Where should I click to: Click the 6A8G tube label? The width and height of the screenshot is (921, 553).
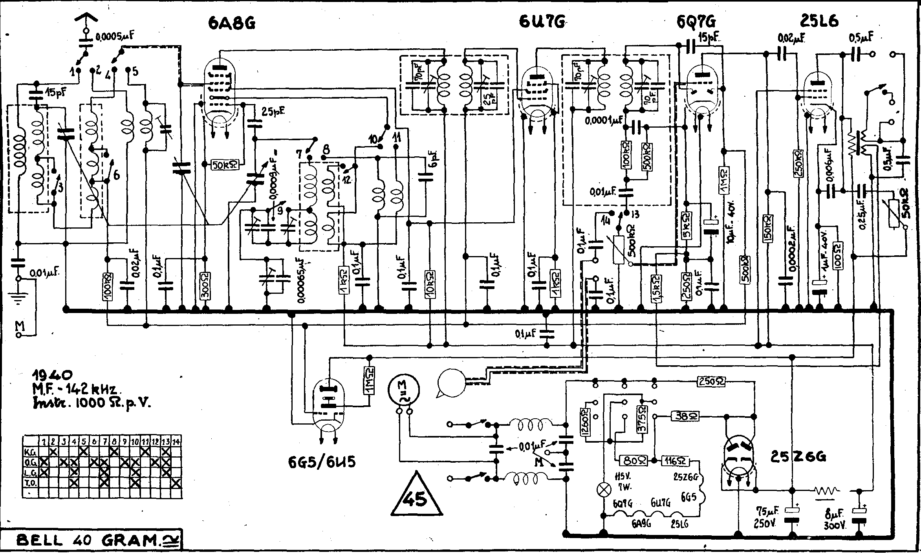(x=232, y=24)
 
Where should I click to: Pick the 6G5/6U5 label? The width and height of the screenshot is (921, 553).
(x=322, y=462)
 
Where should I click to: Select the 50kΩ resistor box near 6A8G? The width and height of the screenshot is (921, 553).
(x=224, y=165)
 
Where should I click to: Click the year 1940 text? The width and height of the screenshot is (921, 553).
(x=53, y=374)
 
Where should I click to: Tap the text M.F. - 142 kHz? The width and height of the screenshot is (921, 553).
(x=74, y=389)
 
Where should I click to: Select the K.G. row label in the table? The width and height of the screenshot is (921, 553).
(x=31, y=452)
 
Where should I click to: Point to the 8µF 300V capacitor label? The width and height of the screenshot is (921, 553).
(x=835, y=518)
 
